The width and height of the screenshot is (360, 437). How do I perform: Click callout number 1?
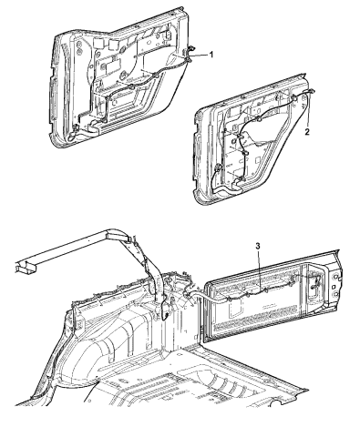(x=211, y=55)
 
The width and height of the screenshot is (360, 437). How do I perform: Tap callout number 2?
(x=308, y=132)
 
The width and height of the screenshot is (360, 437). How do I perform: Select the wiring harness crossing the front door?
(x=137, y=86)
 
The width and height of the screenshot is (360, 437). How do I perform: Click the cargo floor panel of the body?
(x=210, y=391)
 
